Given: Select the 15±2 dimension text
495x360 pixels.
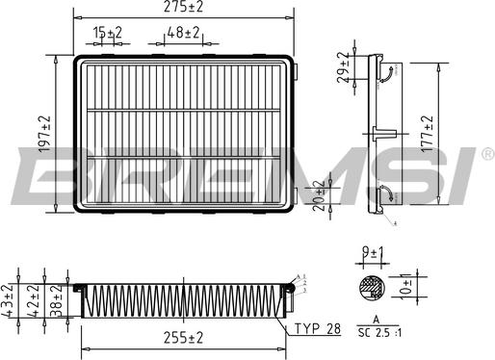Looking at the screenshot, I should tap(108, 34).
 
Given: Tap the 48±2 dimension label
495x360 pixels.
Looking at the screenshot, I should tap(183, 34).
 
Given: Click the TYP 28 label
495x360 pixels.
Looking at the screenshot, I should tap(318, 329).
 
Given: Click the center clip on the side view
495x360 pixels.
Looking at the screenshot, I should tap(379, 132).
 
